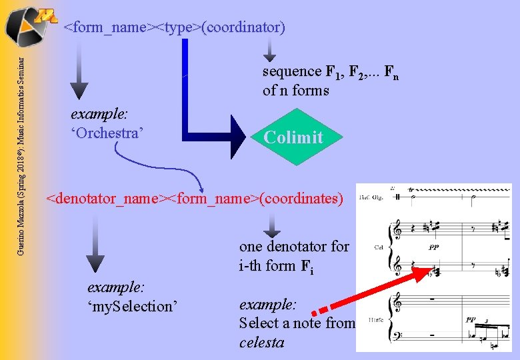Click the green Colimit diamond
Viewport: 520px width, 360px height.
(293, 137)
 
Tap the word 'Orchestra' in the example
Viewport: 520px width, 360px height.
(107, 133)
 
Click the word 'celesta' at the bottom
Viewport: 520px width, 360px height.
(261, 343)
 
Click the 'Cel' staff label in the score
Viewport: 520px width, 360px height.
(378, 247)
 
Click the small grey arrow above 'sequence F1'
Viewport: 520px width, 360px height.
(269, 49)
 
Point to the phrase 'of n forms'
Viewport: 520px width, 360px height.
(296, 90)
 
